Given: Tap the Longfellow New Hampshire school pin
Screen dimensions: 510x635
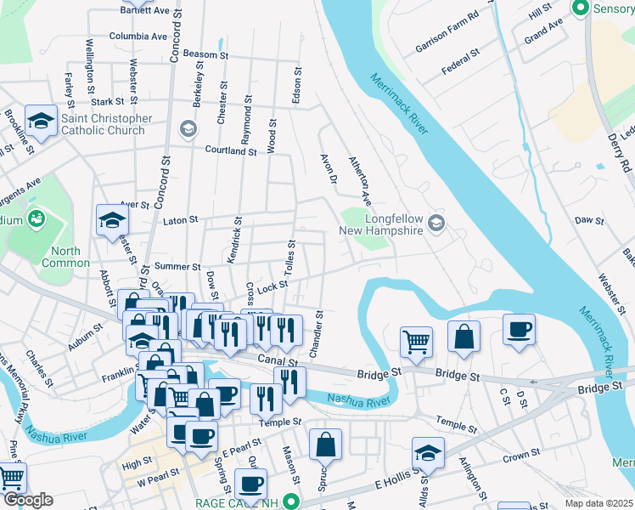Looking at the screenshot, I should (x=436, y=224).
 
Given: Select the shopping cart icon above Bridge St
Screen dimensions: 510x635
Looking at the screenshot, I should (x=416, y=343).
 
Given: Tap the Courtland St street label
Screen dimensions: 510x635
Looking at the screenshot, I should (x=230, y=150).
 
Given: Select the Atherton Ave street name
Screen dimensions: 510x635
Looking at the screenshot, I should (x=360, y=181).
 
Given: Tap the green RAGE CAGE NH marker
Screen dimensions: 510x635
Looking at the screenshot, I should (x=292, y=502).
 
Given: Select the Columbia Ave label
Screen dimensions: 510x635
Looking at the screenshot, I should (x=138, y=37).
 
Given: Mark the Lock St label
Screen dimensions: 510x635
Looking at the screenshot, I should (x=267, y=290).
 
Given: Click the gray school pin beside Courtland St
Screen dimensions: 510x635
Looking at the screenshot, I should (x=188, y=129).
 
